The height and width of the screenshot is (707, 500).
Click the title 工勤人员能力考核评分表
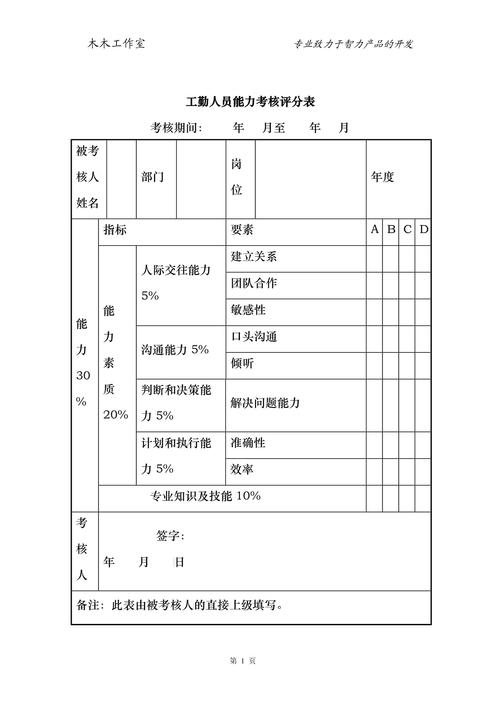251,103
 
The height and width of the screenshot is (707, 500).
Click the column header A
375,230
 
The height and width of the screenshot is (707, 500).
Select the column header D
423,230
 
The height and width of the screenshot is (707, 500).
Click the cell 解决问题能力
266,403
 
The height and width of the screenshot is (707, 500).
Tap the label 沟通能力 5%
175,350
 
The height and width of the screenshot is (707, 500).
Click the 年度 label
383,177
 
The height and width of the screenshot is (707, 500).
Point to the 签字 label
171,536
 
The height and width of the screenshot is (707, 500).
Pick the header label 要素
242,230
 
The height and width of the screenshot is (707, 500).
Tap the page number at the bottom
244,661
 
